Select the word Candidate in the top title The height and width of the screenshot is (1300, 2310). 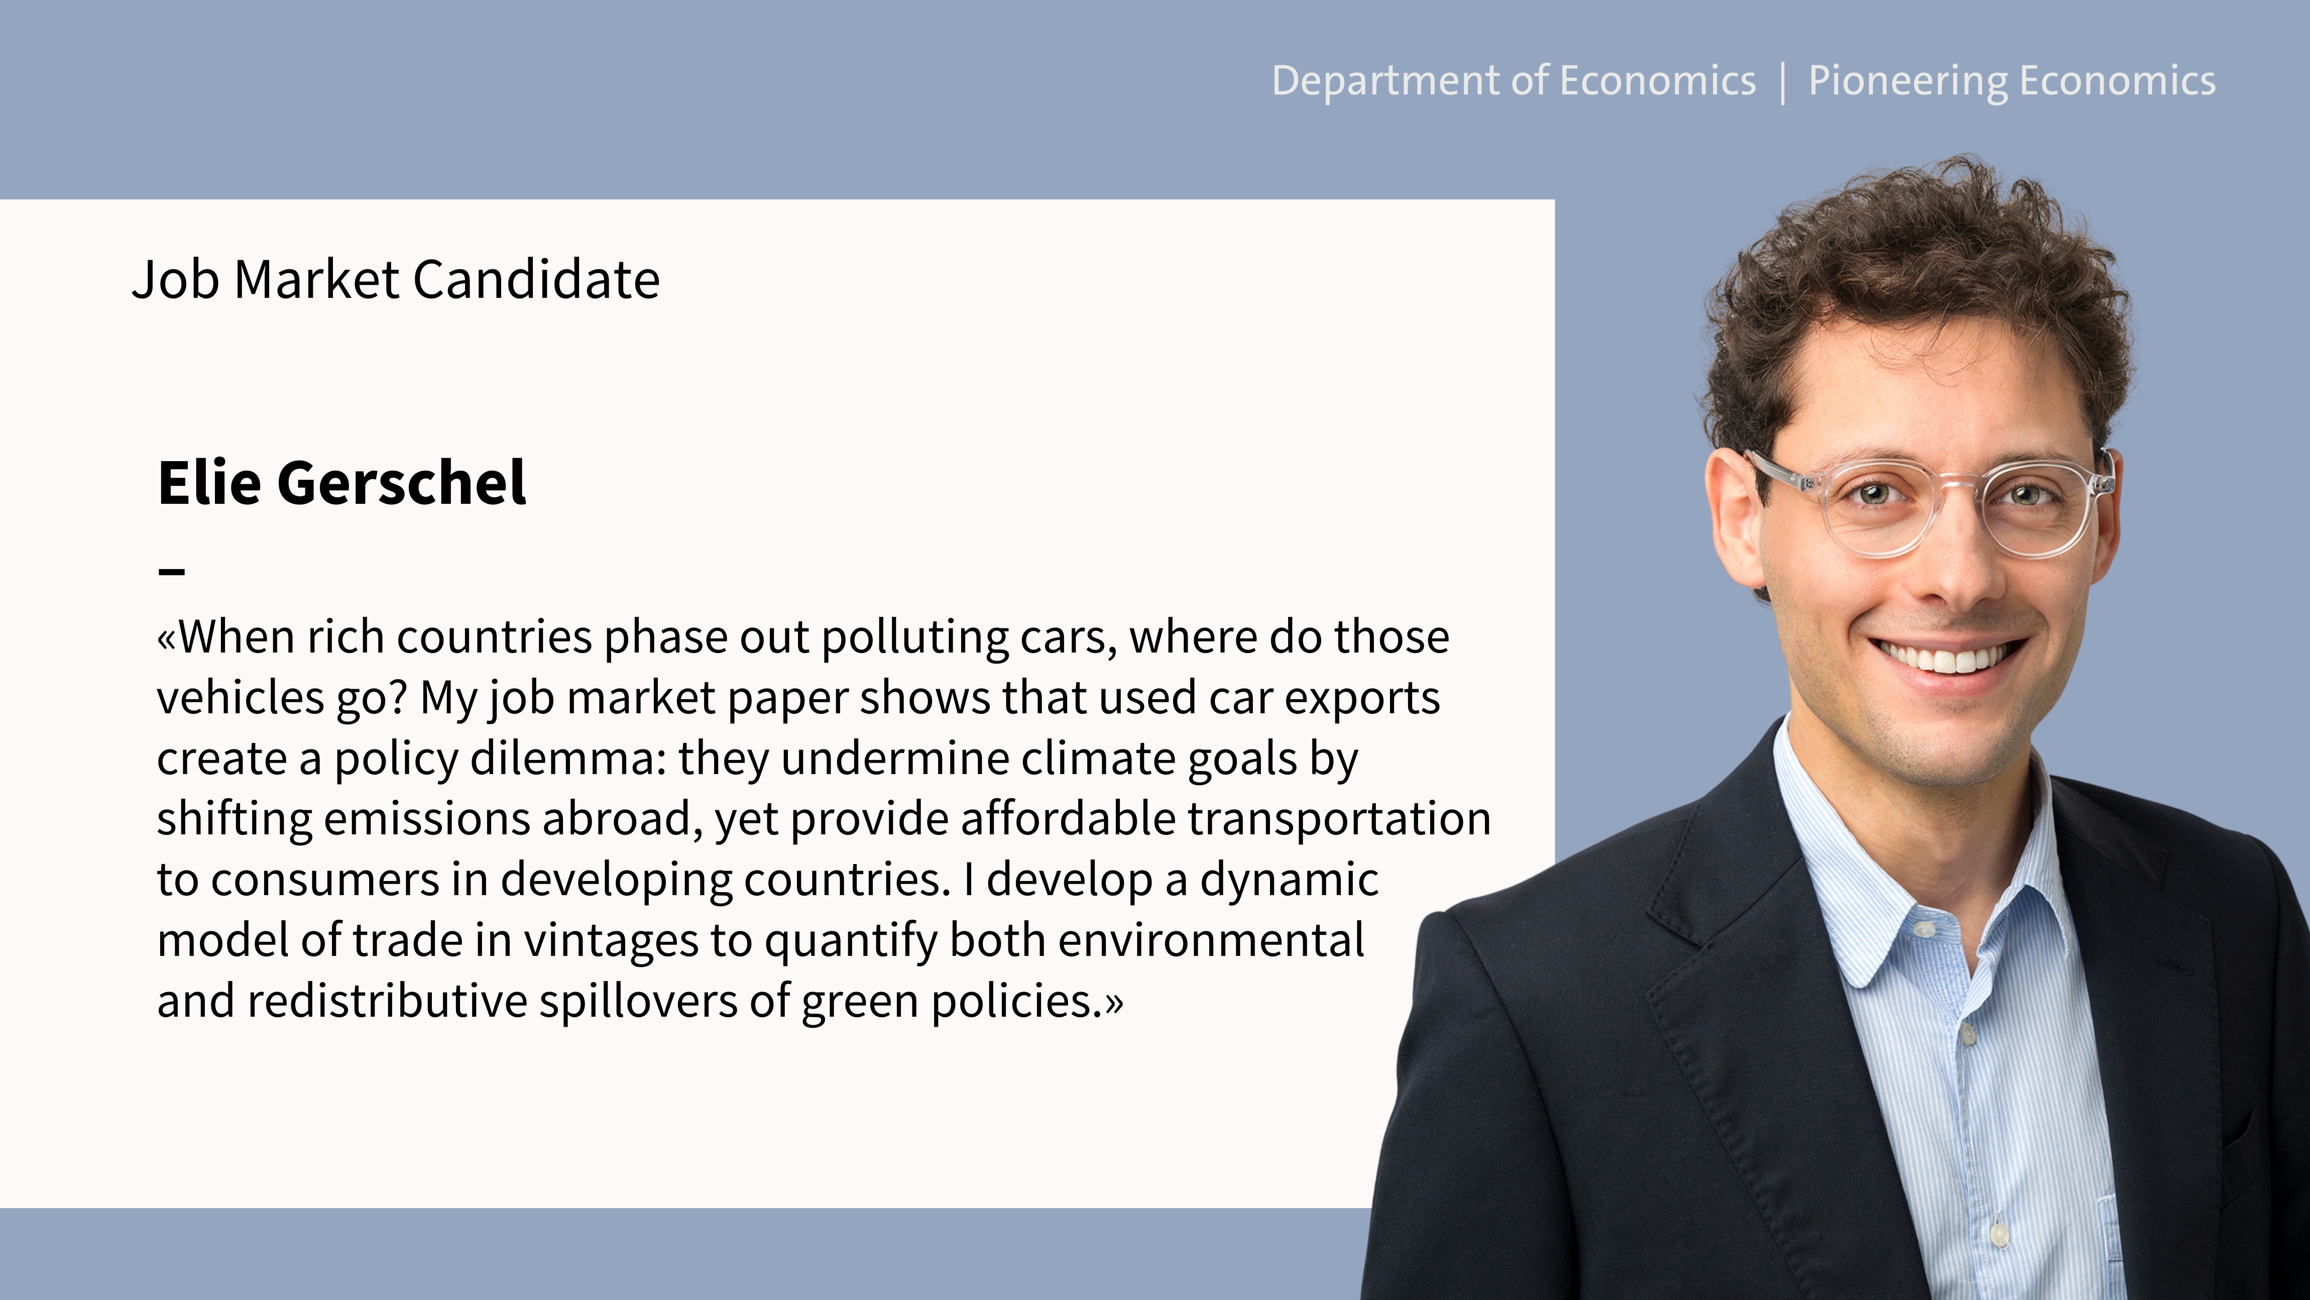(536, 279)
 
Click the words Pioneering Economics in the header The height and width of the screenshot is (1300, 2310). (2011, 81)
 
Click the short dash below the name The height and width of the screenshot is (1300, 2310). (171, 571)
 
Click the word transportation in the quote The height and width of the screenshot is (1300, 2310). (1339, 819)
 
